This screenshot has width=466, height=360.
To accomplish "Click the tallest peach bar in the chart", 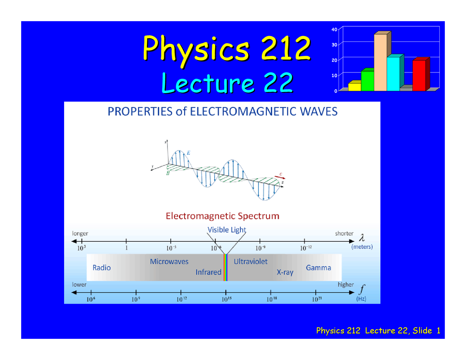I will pos(380,62).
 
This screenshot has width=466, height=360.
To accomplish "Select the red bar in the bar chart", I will pos(419,75).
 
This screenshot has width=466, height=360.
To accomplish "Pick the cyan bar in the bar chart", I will pos(393,74).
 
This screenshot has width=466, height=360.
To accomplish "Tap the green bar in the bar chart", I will pos(367,80).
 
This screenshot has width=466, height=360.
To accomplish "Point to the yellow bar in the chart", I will pos(354,87).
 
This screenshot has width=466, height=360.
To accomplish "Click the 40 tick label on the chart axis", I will pos(334,29).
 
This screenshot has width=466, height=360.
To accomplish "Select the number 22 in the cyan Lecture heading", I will pos(278,83).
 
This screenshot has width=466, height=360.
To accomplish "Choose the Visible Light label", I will pos(227,230).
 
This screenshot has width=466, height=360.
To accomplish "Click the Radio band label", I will pos(102,268).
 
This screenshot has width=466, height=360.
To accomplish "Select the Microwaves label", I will pos(169,262).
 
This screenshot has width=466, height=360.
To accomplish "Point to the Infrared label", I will pos(208,272).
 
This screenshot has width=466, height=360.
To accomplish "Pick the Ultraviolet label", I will pos(250,262).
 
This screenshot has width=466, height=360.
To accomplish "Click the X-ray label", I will pos(285,272).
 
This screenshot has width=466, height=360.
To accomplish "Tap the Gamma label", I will pos(319,268).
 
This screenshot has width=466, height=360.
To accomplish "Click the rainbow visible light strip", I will pos(226,268).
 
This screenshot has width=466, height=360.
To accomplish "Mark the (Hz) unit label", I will pos(361,299).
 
